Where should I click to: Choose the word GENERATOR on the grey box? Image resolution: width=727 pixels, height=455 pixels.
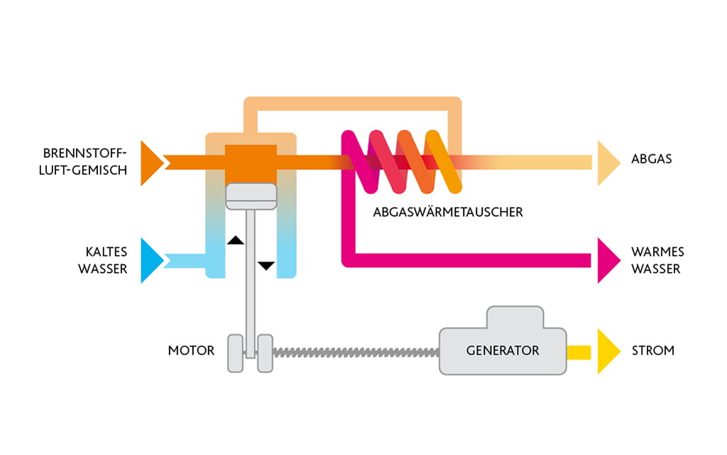point(503,350)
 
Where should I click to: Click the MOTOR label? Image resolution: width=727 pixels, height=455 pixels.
point(191,350)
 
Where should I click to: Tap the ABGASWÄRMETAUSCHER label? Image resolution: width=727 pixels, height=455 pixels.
point(447,212)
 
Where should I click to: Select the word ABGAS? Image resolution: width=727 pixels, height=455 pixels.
point(651,159)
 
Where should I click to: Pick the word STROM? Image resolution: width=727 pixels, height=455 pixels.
point(652,350)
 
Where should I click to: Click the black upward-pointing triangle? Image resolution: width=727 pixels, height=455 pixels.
point(235,241)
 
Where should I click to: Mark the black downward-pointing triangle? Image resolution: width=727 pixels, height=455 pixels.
point(266,265)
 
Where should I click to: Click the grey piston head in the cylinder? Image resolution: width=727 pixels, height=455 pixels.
point(251,196)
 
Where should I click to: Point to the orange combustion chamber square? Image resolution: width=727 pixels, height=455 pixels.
point(251,162)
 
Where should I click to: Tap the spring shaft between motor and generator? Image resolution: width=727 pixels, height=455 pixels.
point(355,351)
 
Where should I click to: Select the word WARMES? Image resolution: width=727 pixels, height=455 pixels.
point(657,252)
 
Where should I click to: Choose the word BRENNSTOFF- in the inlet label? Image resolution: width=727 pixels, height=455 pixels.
point(84,153)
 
